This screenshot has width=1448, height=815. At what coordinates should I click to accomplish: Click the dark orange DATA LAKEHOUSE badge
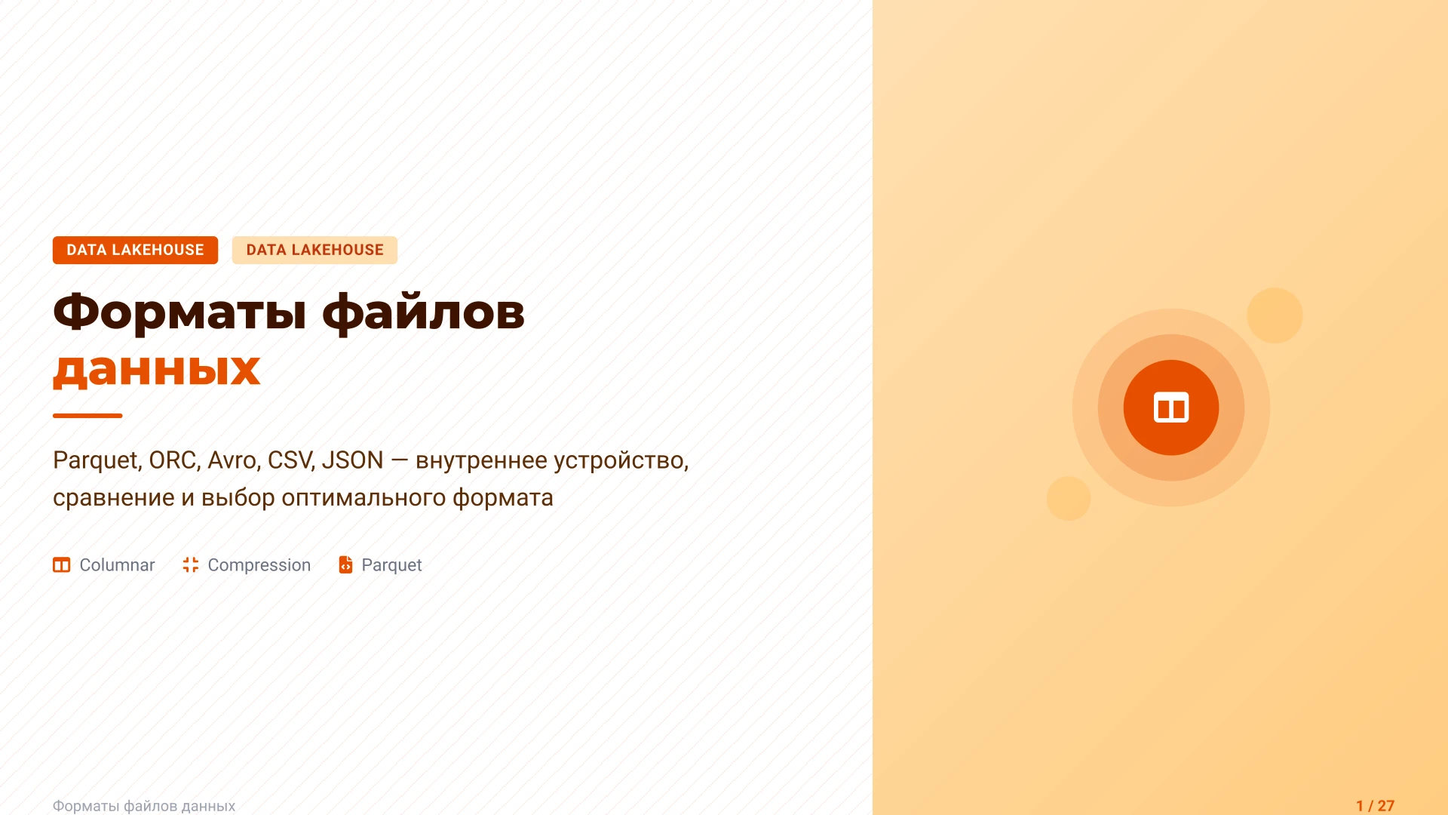coord(135,250)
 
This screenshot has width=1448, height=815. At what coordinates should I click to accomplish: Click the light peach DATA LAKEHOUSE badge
coord(314,250)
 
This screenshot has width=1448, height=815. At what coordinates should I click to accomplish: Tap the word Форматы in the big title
coord(179,312)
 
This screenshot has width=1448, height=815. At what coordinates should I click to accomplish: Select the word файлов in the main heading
coord(423,312)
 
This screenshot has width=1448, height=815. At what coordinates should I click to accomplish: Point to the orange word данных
coord(157,370)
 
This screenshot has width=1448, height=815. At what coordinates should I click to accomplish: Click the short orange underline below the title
coord(87,415)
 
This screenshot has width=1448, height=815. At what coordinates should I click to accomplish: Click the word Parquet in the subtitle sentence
coord(96,460)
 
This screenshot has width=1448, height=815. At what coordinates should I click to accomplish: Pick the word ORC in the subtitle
coord(173,460)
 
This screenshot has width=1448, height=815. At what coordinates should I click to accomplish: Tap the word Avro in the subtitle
coord(232,460)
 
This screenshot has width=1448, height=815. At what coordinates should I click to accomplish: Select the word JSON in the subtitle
coord(352,460)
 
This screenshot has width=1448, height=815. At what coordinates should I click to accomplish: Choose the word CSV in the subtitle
coord(290,460)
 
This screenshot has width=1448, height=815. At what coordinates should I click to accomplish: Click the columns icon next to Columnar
coord(61,565)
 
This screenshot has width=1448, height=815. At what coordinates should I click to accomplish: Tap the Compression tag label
coord(259,565)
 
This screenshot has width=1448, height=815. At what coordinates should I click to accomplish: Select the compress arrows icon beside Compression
coord(191,565)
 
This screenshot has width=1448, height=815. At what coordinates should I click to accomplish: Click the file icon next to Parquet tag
coord(345,565)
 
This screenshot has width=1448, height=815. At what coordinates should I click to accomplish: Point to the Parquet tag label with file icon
coord(391,565)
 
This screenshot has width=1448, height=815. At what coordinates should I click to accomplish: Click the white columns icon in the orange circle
coord(1170,407)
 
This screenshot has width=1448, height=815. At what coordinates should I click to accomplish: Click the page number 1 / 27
coord(1375,805)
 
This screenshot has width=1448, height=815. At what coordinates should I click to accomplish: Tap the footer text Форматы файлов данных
coord(144,806)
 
